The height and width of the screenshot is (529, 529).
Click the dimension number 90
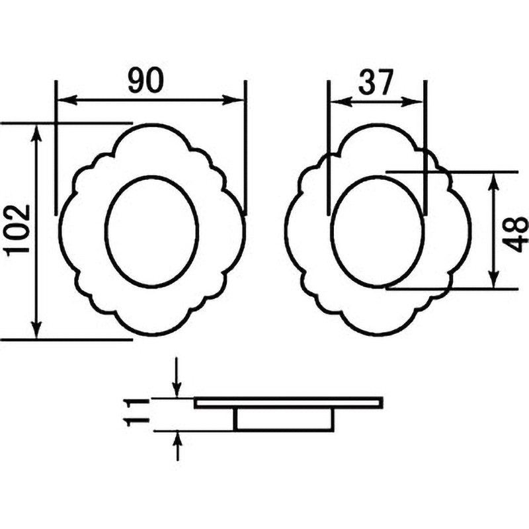[x=145, y=80]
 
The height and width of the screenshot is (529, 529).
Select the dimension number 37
[x=376, y=82]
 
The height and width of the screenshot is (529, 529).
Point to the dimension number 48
[x=515, y=234]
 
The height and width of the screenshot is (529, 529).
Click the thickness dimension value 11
[x=137, y=411]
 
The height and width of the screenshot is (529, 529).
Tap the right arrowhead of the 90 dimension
[x=233, y=100]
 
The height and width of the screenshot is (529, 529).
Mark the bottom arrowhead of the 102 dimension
[x=37, y=329]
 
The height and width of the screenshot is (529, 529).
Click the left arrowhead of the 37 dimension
[x=340, y=101]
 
